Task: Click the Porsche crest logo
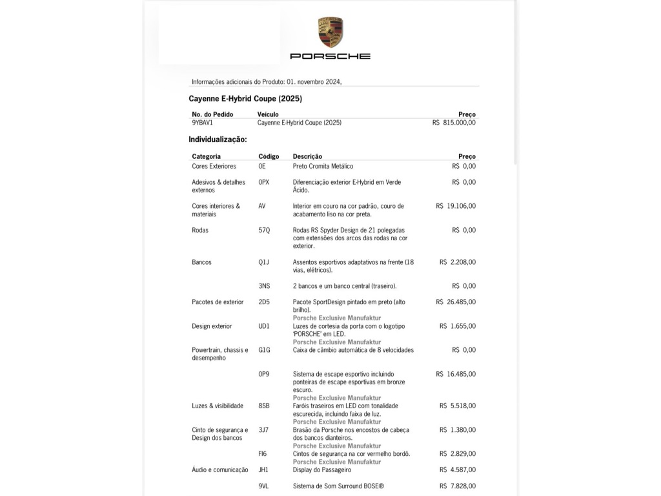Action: click(330, 32)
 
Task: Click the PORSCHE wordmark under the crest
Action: click(330, 56)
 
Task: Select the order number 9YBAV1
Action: click(202, 122)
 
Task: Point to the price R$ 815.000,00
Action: click(454, 122)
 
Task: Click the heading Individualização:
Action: click(218, 139)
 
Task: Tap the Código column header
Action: click(269, 156)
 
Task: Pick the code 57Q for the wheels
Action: click(264, 230)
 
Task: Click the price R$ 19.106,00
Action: click(456, 206)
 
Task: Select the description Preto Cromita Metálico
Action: click(323, 166)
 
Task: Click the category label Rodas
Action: click(200, 230)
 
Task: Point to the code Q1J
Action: click(264, 262)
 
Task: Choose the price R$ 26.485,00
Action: click(456, 302)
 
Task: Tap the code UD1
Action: click(264, 326)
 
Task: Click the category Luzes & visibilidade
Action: click(218, 406)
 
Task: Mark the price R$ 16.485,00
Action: click(456, 374)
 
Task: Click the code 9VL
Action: click(263, 486)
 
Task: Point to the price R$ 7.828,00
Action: click(458, 486)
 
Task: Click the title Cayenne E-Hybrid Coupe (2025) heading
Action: click(245, 99)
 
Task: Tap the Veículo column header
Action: click(268, 114)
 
